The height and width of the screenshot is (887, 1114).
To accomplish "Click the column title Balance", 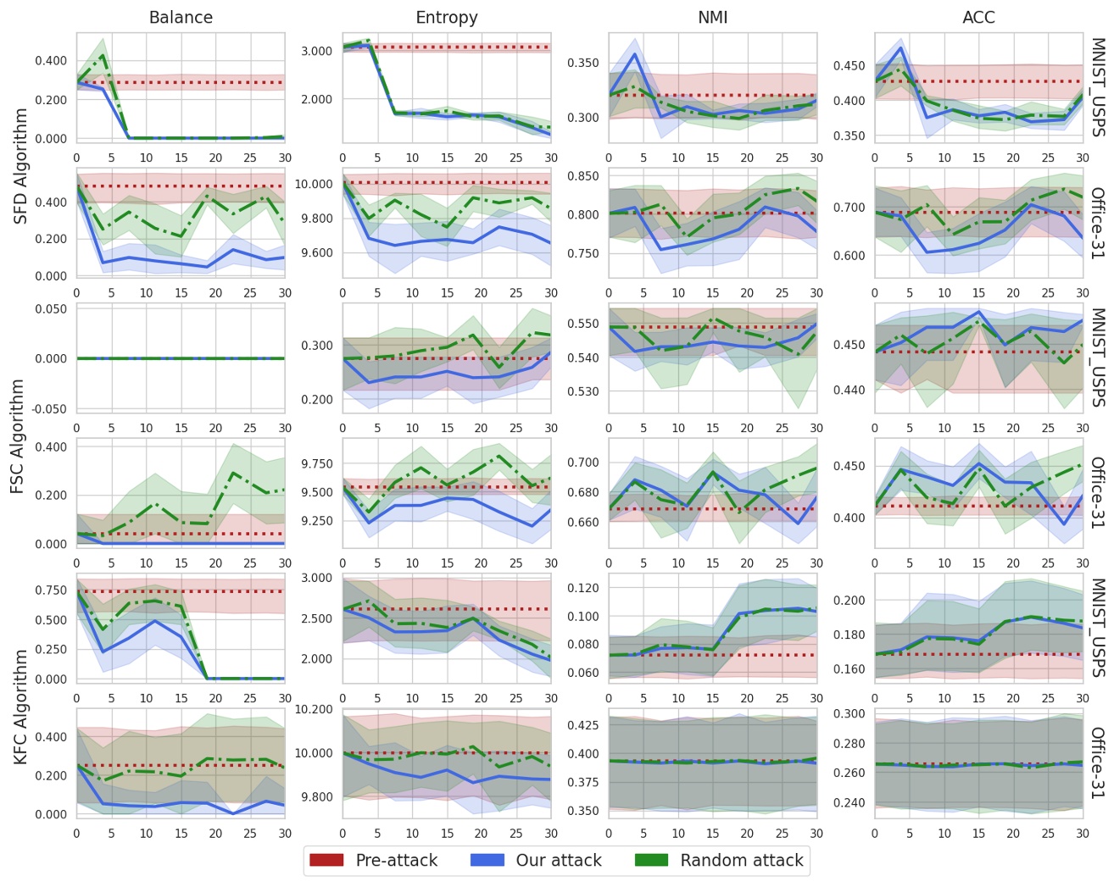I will pyautogui.click(x=181, y=17).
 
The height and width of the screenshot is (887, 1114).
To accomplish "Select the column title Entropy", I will pyautogui.click(x=447, y=17).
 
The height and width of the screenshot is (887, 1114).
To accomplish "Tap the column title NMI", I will pyautogui.click(x=712, y=17).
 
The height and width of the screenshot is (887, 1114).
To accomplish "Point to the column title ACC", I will pyautogui.click(x=978, y=17).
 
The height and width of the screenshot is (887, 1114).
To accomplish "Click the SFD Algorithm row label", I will pyautogui.click(x=21, y=166).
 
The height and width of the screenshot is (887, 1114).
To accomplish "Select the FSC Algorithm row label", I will pyautogui.click(x=18, y=436).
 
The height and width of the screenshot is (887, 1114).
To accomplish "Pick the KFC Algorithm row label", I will pyautogui.click(x=21, y=707).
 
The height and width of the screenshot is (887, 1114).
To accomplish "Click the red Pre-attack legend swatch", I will pyautogui.click(x=326, y=860).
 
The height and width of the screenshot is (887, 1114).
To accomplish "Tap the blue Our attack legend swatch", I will pyautogui.click(x=487, y=860).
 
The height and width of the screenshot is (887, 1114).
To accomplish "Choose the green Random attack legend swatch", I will pyautogui.click(x=651, y=860).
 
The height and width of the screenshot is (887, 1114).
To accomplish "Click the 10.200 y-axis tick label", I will pyautogui.click(x=315, y=709).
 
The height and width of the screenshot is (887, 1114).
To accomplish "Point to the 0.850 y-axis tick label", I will pyautogui.click(x=582, y=176).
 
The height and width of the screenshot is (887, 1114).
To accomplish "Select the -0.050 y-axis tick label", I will pyautogui.click(x=48, y=409).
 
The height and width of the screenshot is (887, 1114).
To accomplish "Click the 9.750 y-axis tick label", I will pyautogui.click(x=315, y=463).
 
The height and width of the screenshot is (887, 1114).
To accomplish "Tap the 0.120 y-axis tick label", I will pyautogui.click(x=582, y=587).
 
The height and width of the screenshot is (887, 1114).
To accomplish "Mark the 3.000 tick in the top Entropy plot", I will pyautogui.click(x=317, y=51).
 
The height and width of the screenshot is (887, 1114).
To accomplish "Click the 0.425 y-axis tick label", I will pyautogui.click(x=582, y=725).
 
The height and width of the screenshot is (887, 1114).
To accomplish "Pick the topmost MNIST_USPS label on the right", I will pyautogui.click(x=1098, y=87).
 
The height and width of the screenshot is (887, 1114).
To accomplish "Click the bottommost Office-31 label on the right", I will pyautogui.click(x=1098, y=762).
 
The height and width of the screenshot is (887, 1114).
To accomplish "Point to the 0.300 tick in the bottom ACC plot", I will pyautogui.click(x=848, y=713).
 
